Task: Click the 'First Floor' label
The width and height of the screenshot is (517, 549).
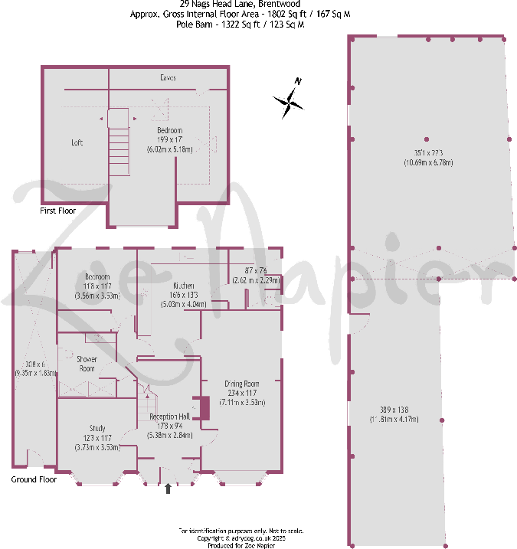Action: click(x=59, y=210)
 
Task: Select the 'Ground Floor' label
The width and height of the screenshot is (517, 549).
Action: click(x=34, y=479)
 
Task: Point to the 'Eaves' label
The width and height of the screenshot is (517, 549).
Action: click(x=169, y=78)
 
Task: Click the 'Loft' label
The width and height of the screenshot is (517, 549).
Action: click(x=77, y=142)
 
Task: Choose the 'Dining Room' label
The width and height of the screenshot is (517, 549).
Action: click(x=242, y=384)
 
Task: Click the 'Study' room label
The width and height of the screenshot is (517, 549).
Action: click(x=97, y=428)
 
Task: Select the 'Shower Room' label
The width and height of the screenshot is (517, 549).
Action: click(x=85, y=363)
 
